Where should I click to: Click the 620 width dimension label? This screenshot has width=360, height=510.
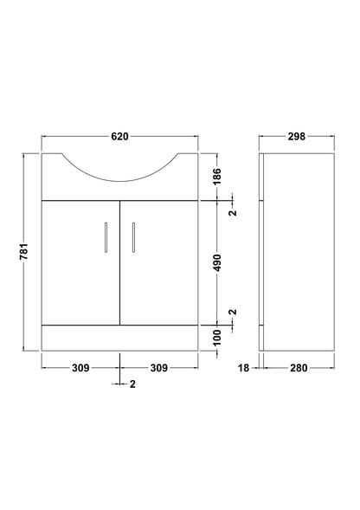(x=119, y=136)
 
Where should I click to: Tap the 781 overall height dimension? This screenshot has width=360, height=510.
(x=24, y=252)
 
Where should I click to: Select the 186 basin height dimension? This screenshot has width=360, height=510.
(x=217, y=176)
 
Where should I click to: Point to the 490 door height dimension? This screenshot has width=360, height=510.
(x=217, y=263)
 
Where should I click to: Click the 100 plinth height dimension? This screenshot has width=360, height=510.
(x=217, y=338)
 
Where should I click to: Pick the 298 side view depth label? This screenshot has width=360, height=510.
(x=297, y=136)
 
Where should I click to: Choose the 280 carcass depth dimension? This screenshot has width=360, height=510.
(x=299, y=368)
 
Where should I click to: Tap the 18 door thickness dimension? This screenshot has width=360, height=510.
(x=243, y=368)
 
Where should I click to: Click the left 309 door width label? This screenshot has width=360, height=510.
(x=80, y=368)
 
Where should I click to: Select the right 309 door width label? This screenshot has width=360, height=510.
(x=159, y=368)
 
